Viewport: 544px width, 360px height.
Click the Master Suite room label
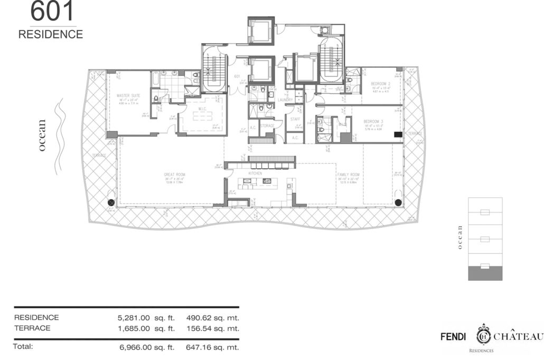click(x=128, y=96)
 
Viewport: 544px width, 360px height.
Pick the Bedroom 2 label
click(x=380, y=84)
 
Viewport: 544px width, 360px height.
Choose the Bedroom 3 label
click(x=374, y=122)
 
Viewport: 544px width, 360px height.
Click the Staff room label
click(x=295, y=119)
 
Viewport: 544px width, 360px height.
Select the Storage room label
click(x=267, y=126)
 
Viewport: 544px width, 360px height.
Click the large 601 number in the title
click(x=52, y=12)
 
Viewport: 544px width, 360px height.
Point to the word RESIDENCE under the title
click(x=51, y=34)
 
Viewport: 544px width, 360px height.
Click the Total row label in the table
click(x=23, y=347)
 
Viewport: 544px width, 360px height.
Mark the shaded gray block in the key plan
click(x=485, y=273)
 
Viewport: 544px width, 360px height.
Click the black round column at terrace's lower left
click(x=111, y=202)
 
